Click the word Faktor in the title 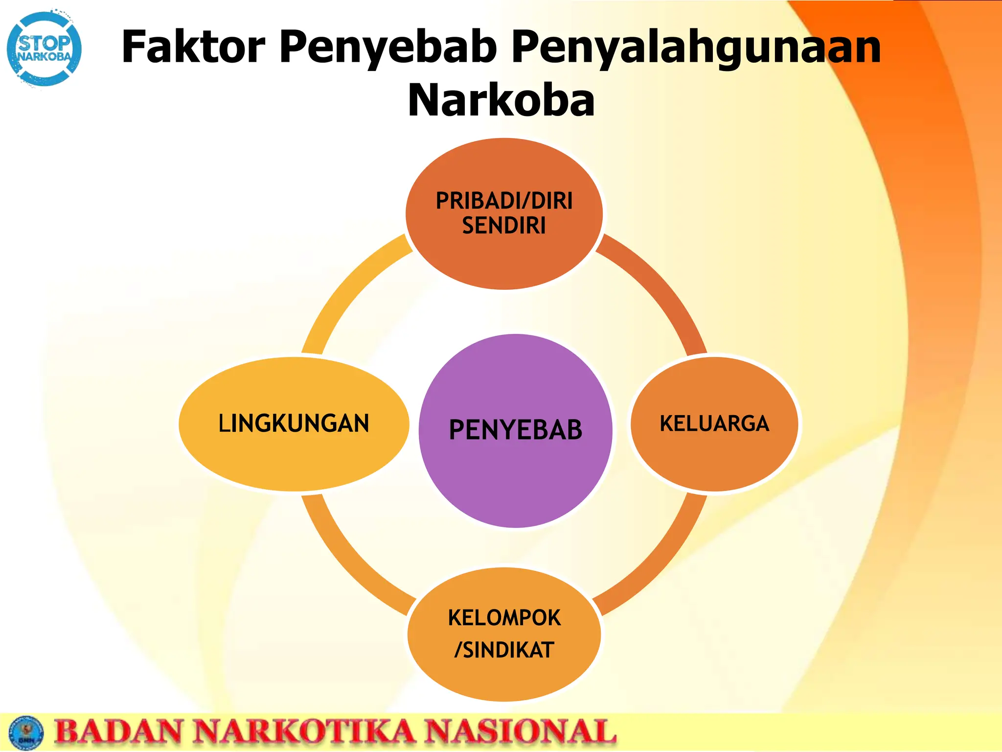click(x=193, y=47)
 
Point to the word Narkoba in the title click(x=501, y=100)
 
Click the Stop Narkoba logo click(x=44, y=49)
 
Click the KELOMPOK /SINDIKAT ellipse click(x=504, y=681)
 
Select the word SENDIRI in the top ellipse click(x=504, y=226)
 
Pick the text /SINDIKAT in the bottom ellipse click(x=504, y=650)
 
